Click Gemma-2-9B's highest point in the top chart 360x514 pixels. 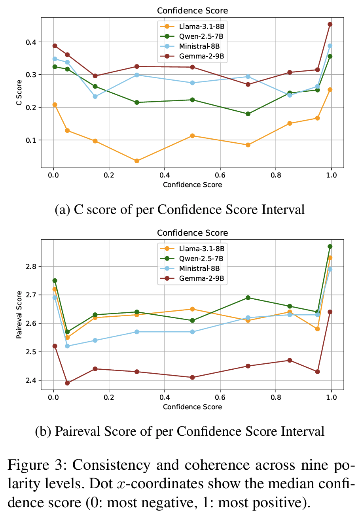[x=330, y=25]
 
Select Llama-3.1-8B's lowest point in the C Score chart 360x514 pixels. [x=137, y=161]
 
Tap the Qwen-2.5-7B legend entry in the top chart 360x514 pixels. [x=191, y=36]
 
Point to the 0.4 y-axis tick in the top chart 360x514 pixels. [x=31, y=42]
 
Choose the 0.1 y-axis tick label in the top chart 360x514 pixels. [x=31, y=140]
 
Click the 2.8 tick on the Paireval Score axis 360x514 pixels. [x=31, y=266]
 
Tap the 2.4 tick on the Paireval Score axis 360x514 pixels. [x=31, y=380]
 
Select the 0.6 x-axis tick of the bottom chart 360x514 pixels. [x=220, y=397]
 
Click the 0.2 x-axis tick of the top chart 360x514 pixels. [x=109, y=175]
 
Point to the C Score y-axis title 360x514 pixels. [x=19, y=93]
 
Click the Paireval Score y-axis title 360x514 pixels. [x=19, y=315]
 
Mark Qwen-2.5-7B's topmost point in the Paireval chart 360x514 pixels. [x=330, y=246]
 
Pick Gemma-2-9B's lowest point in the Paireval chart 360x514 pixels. [x=67, y=383]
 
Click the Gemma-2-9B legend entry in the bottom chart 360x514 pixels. [x=192, y=278]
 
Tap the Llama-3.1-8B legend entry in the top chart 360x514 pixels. [x=192, y=26]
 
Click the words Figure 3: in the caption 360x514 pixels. [x=37, y=465]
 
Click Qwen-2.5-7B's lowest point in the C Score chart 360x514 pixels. [x=248, y=114]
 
